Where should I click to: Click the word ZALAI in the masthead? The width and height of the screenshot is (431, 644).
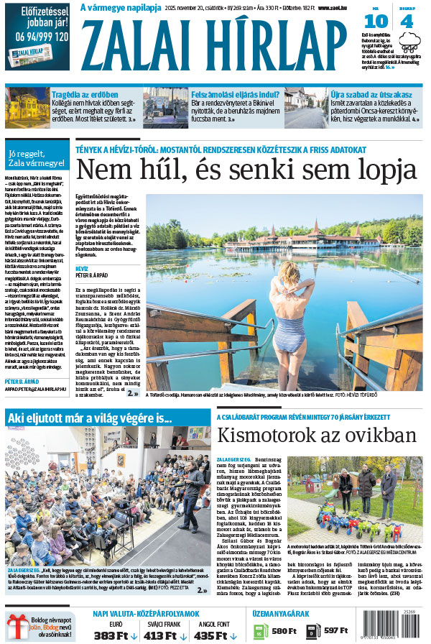143,40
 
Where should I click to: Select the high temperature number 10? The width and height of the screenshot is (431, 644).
376,21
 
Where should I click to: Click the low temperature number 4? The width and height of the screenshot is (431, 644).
407,21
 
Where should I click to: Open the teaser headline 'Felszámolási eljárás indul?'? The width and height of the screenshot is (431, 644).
235,94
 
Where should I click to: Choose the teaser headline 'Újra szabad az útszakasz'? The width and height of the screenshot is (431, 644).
371,94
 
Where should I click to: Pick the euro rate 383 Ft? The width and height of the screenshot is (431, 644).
111,635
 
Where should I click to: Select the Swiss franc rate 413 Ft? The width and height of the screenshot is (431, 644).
160,635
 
